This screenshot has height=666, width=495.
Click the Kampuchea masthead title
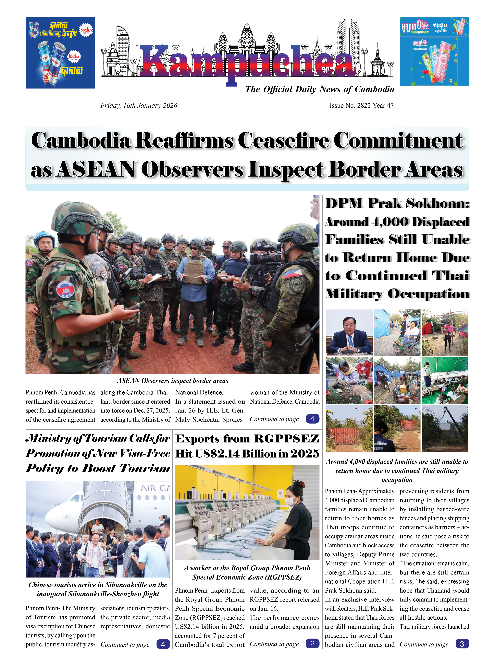click(247, 61)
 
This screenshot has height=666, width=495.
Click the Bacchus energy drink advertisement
click(61, 53)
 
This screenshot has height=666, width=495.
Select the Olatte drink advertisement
click(434, 52)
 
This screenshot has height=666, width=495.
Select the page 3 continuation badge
click(462, 644)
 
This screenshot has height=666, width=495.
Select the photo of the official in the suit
click(349, 333)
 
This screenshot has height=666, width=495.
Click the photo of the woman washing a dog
click(349, 381)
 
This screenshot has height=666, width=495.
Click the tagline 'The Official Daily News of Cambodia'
click(319, 89)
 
